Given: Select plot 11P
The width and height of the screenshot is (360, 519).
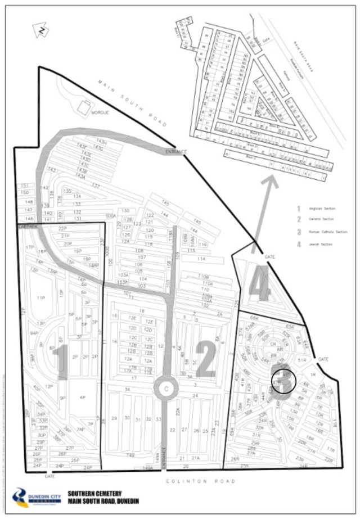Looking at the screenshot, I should (40, 298).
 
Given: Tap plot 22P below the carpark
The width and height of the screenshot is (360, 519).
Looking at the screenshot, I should (62, 228).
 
